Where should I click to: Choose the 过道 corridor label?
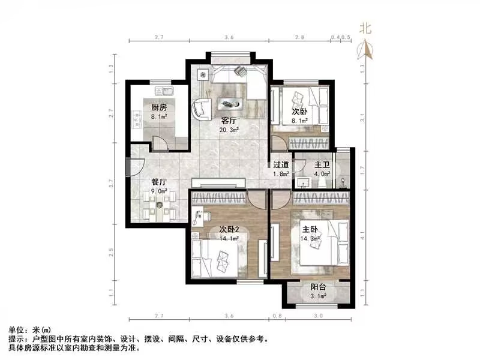pyautogui.click(x=281, y=164)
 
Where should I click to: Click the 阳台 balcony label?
pyautogui.click(x=319, y=287)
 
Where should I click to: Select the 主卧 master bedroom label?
pyautogui.click(x=310, y=229)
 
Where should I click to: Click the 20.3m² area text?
pyautogui.click(x=230, y=129)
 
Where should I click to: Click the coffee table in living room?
pyautogui.click(x=231, y=103)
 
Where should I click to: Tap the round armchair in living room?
pyautogui.click(x=200, y=110)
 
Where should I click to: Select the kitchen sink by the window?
pyautogui.click(x=164, y=91)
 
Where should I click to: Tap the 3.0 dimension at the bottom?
pyautogui.click(x=318, y=316)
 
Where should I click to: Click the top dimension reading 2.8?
pyautogui.click(x=299, y=38)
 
